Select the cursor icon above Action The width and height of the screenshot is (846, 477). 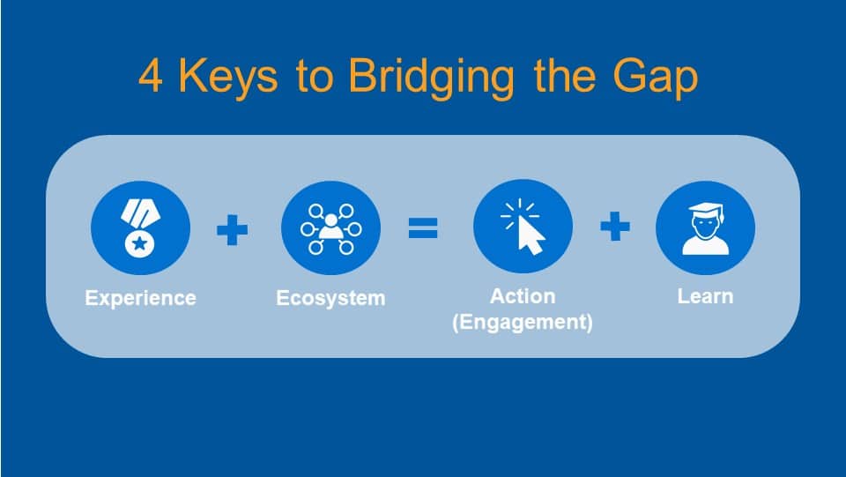click(x=523, y=227)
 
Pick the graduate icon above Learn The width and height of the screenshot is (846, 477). click(x=705, y=228)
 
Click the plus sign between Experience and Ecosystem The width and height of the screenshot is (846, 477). click(x=233, y=230)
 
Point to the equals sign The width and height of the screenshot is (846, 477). click(x=423, y=229)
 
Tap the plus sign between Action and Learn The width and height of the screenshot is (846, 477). click(x=615, y=227)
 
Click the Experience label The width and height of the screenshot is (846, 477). click(x=141, y=298)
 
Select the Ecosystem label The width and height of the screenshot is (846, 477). click(x=330, y=298)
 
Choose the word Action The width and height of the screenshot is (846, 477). click(x=523, y=295)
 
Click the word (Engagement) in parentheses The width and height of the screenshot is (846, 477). click(x=523, y=322)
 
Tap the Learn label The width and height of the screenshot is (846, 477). click(x=705, y=295)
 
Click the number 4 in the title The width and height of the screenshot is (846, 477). click(x=152, y=78)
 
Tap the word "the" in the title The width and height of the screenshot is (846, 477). click(x=561, y=78)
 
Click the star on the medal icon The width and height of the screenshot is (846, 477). click(x=137, y=243)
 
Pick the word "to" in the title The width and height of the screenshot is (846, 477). click(x=315, y=78)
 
